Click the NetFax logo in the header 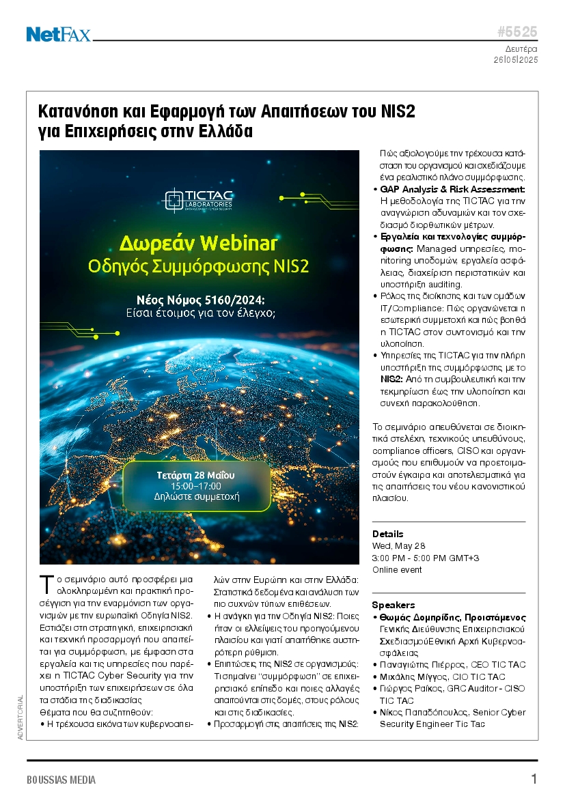pyautogui.click(x=58, y=33)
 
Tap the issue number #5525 pyautogui.click(x=516, y=32)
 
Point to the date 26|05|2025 pyautogui.click(x=516, y=60)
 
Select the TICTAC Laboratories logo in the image pyautogui.click(x=199, y=200)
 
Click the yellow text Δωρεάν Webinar pyautogui.click(x=199, y=243)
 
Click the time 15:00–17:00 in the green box pyautogui.click(x=196, y=485)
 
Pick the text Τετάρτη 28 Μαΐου pyautogui.click(x=196, y=474)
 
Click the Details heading pyautogui.click(x=387, y=534)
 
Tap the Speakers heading pyautogui.click(x=393, y=605)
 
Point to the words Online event pyautogui.click(x=397, y=569)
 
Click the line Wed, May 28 pyautogui.click(x=398, y=546)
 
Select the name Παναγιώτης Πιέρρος pyautogui.click(x=415, y=664)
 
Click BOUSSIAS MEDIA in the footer pyautogui.click(x=61, y=780)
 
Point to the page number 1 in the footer pyautogui.click(x=534, y=779)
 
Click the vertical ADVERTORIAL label pyautogui.click(x=20, y=717)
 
